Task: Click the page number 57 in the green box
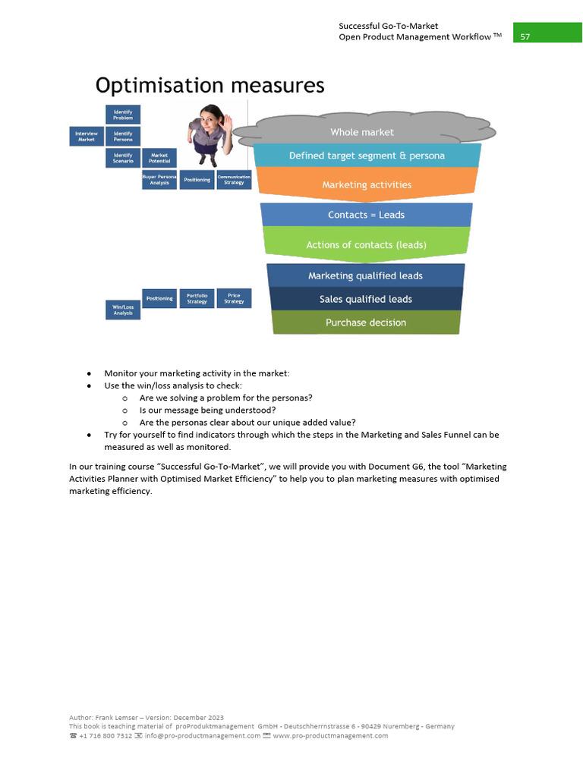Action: tap(525, 37)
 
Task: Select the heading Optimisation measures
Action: tap(210, 86)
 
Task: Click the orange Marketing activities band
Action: tap(367, 184)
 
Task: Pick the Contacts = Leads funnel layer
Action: tap(366, 215)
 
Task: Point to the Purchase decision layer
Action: tap(366, 322)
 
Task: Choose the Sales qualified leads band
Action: tap(366, 299)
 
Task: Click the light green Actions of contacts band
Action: tap(366, 244)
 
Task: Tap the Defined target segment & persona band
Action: tap(367, 156)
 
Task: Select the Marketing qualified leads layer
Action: tap(365, 275)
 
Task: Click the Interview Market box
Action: tap(87, 137)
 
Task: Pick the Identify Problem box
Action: tap(123, 115)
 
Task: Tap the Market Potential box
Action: tap(159, 158)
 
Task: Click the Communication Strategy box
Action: tap(234, 180)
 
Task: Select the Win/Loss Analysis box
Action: tap(123, 310)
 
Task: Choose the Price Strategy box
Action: tap(234, 298)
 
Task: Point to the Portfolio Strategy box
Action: tap(197, 298)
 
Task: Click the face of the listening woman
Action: tap(207, 116)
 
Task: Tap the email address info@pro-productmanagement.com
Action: tap(203, 735)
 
